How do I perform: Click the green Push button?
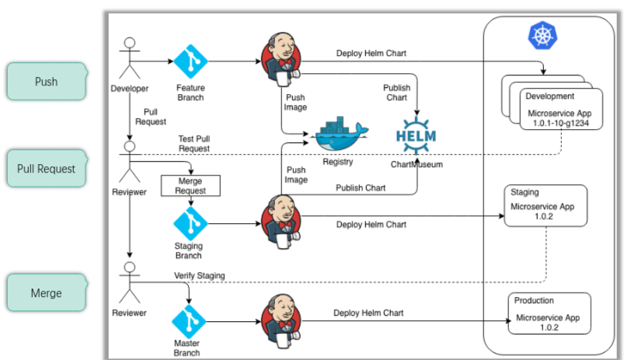[x=46, y=82]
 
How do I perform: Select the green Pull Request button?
[x=46, y=169]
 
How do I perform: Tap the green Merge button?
[x=46, y=293]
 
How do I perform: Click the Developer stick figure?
[x=129, y=59]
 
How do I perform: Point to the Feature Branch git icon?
[x=190, y=61]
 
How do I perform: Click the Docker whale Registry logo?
[x=340, y=136]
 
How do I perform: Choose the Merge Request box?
[x=190, y=185]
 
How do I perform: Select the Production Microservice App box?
[x=549, y=313]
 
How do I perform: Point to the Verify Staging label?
[x=200, y=276]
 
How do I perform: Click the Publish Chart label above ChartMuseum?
[x=396, y=93]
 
